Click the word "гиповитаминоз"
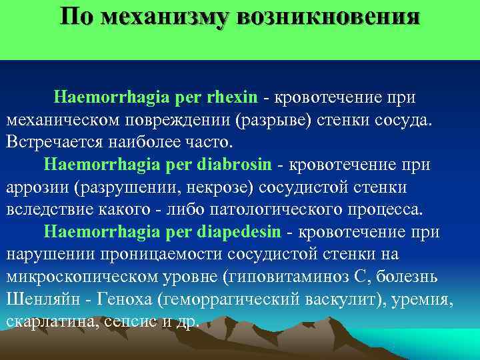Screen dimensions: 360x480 (294, 277)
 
